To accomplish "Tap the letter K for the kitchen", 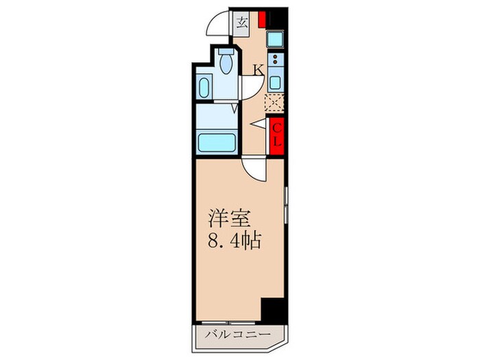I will pyautogui.click(x=259, y=69).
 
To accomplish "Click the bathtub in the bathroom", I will pyautogui.click(x=217, y=144).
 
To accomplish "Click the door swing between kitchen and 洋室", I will pyautogui.click(x=253, y=170).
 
